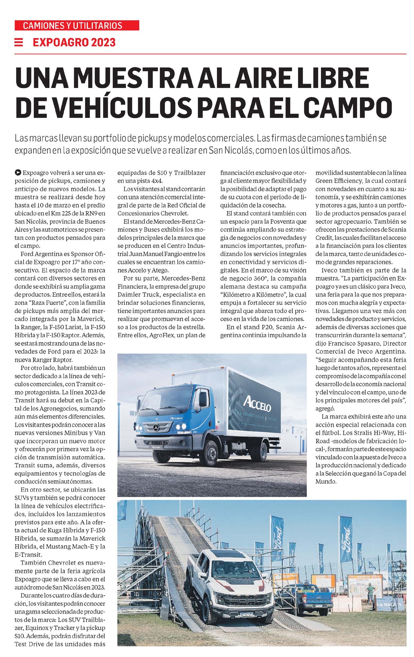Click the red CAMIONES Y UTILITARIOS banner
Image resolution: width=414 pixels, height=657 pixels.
tap(77, 26)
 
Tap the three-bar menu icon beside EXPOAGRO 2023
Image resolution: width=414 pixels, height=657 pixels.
tap(19, 42)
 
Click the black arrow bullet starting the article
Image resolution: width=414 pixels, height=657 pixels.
tap(18, 173)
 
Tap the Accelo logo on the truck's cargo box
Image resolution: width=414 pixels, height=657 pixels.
tap(257, 403)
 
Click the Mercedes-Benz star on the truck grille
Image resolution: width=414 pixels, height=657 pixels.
tap(157, 427)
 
